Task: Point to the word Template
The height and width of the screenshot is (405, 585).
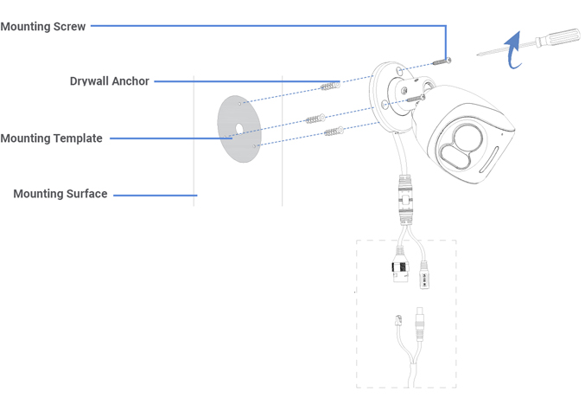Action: coord(76,138)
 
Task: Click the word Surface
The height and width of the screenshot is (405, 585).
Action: coord(87,194)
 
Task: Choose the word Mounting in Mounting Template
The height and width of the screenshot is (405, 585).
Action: coord(24,138)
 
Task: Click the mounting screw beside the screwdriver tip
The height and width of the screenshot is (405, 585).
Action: coord(440,61)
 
